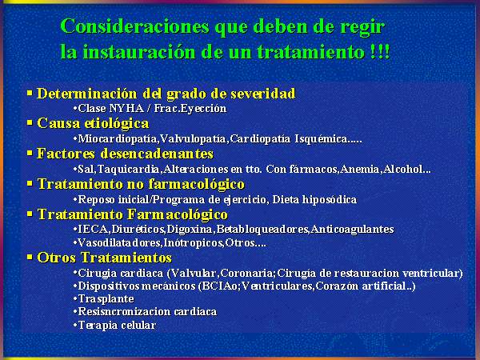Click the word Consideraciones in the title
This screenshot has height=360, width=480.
point(134,26)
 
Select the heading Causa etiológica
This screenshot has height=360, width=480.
point(93,123)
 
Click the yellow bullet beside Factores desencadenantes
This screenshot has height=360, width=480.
point(30,153)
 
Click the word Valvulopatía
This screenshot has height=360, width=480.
point(193,139)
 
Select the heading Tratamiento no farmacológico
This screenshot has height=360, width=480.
point(141,184)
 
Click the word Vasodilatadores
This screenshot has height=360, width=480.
point(119,243)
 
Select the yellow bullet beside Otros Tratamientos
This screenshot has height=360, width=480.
point(30,257)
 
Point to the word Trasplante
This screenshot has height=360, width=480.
point(106,299)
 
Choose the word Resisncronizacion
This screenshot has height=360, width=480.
point(124,312)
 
